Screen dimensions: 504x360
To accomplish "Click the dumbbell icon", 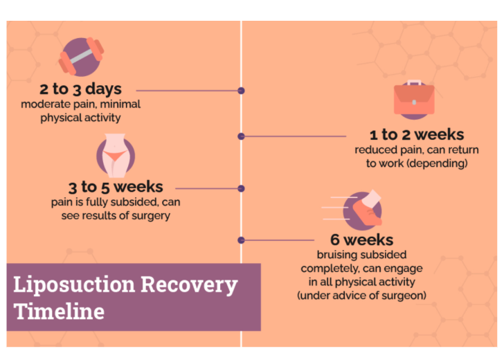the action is click(81, 57).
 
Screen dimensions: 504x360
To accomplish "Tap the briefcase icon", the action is click(414, 100).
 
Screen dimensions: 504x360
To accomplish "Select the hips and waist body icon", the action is click(116, 156).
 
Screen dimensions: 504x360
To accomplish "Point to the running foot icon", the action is click(362, 210).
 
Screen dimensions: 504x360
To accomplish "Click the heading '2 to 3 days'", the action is click(80, 89).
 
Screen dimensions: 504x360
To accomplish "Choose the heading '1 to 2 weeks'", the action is click(417, 135).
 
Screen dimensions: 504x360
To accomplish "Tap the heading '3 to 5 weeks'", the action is click(116, 187).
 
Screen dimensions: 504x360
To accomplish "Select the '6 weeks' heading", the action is click(361, 240).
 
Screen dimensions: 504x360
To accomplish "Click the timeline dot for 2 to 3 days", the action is click(241, 91).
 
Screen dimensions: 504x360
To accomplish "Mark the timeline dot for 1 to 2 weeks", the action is click(241, 136).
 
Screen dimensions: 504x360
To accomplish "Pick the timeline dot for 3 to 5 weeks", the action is click(241, 188).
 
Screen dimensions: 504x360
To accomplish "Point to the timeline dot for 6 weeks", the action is click(241, 240).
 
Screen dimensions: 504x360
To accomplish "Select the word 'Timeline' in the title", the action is click(59, 312).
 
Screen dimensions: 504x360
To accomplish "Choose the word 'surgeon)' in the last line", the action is click(406, 296).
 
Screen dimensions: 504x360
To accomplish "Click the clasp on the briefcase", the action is click(414, 102).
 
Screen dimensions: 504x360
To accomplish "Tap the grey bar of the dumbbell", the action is click(81, 57).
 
